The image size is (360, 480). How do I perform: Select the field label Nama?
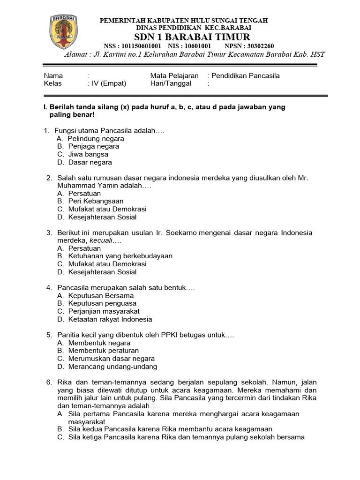(x=53, y=75)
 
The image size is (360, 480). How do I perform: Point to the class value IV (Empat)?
(x=107, y=83)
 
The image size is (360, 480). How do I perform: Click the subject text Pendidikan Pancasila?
(x=246, y=75)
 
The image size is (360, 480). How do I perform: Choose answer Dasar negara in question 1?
(x=90, y=162)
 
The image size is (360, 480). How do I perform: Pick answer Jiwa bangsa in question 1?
(x=88, y=154)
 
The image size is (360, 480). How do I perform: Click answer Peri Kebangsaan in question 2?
(x=96, y=201)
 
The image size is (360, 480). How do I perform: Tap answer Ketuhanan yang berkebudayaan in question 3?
(x=120, y=256)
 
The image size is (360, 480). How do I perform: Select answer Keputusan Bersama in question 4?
(x=101, y=296)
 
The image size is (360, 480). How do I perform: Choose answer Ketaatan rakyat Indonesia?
(x=110, y=319)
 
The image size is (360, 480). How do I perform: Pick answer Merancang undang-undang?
(x=112, y=367)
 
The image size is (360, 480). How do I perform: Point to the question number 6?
(x=49, y=382)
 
